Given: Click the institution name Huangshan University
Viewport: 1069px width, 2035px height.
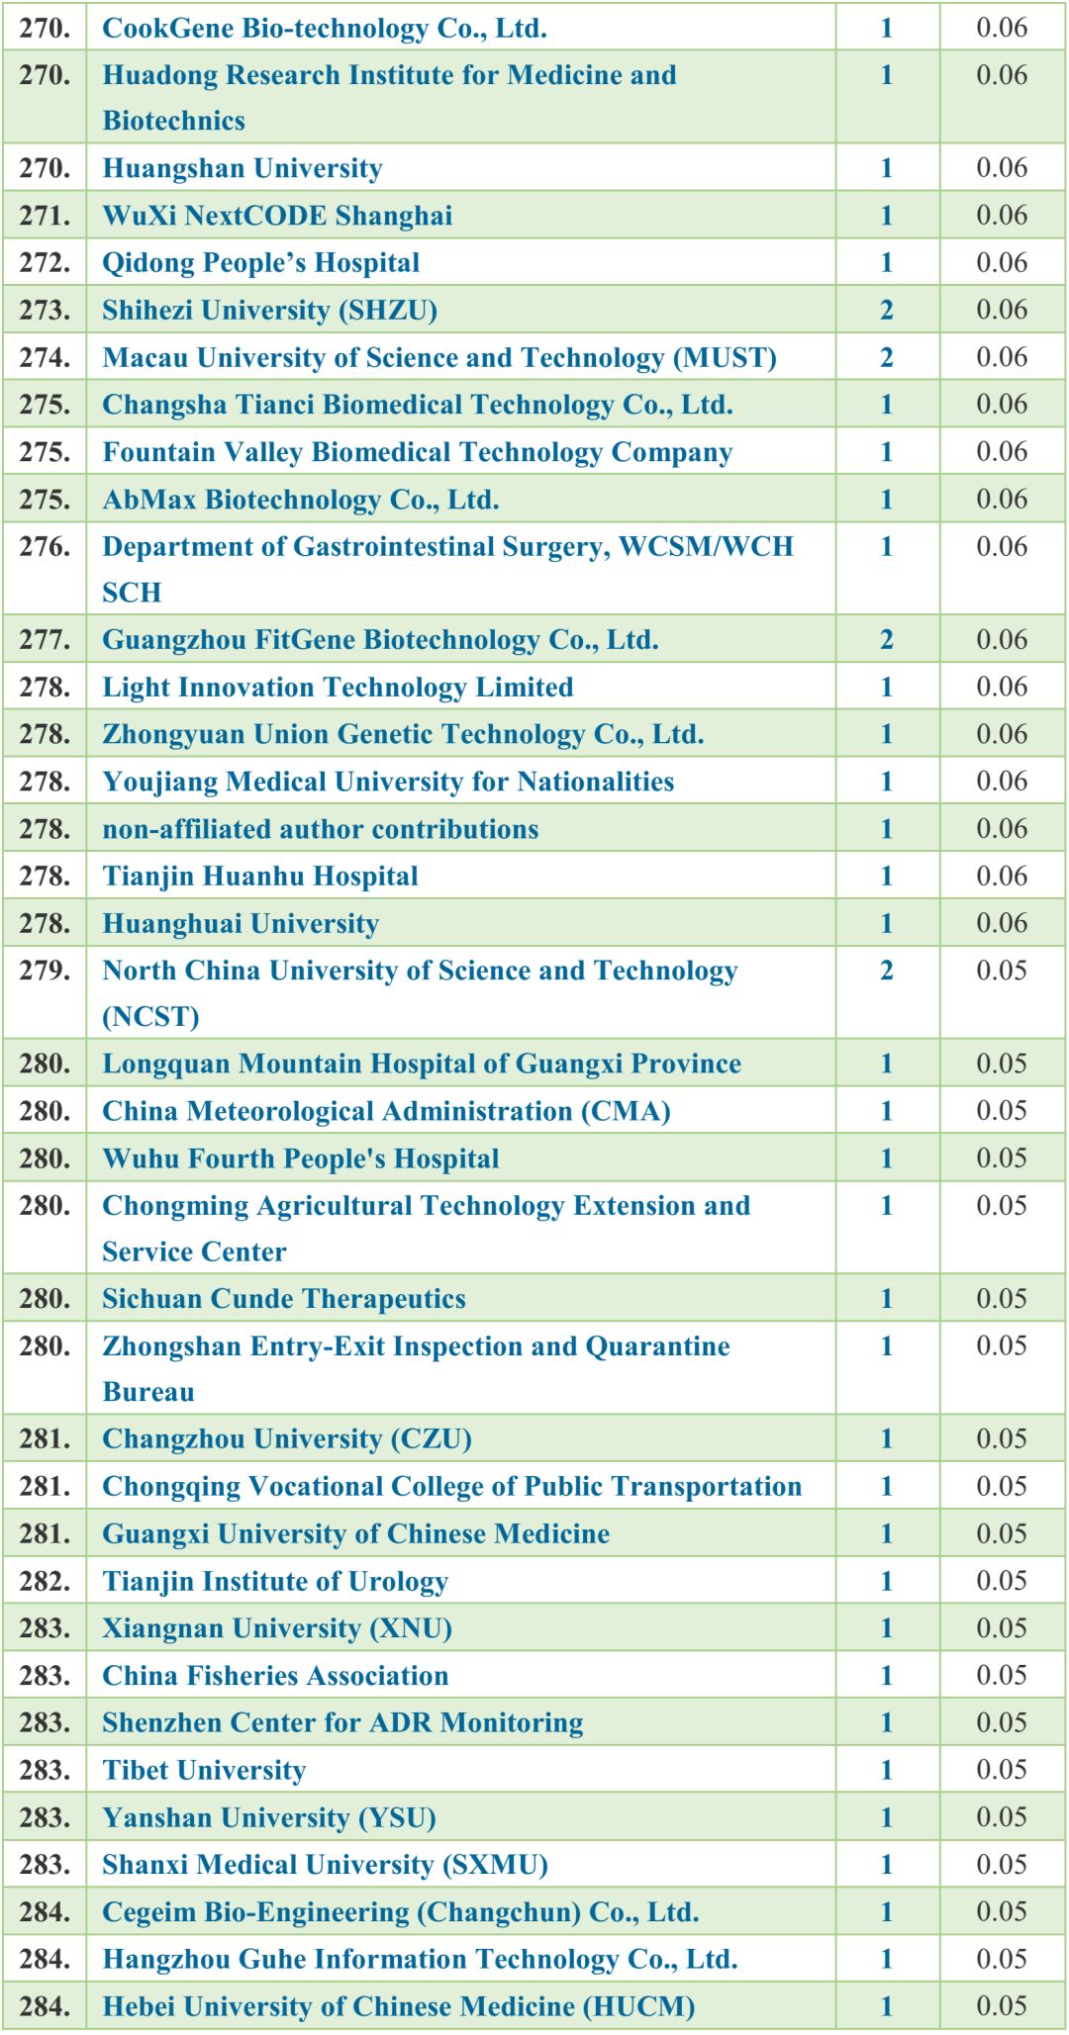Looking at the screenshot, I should pyautogui.click(x=242, y=168).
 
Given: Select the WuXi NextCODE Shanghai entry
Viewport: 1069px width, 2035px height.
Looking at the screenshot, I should pyautogui.click(x=277, y=216).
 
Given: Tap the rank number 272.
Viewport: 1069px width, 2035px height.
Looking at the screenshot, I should pyautogui.click(x=45, y=263).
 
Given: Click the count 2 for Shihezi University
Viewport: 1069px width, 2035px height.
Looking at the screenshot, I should pyautogui.click(x=886, y=311).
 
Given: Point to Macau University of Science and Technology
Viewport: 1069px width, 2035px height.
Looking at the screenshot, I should pyautogui.click(x=439, y=357).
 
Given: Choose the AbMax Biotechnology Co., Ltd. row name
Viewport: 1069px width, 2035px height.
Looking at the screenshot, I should pyautogui.click(x=300, y=500).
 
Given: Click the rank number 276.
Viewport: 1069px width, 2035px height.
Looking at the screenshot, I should pyautogui.click(x=45, y=547).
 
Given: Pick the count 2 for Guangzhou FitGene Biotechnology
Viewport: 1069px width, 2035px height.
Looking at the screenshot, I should pyautogui.click(x=886, y=640).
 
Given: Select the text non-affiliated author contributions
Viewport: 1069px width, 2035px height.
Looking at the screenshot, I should pyautogui.click(x=320, y=829).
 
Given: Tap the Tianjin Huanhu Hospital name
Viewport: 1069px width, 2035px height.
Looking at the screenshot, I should pyautogui.click(x=259, y=877).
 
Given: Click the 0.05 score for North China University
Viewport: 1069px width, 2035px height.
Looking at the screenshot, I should pyautogui.click(x=1002, y=971).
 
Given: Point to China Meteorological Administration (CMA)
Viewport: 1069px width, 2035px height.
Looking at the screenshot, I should pyautogui.click(x=386, y=1111).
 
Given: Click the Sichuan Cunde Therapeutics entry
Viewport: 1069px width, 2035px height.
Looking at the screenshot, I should pyautogui.click(x=283, y=1299).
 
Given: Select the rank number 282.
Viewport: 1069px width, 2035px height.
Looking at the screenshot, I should pyautogui.click(x=45, y=1581).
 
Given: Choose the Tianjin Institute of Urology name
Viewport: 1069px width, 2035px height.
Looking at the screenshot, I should pyautogui.click(x=275, y=1581).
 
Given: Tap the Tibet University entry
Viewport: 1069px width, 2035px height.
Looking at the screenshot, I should pyautogui.click(x=204, y=1770).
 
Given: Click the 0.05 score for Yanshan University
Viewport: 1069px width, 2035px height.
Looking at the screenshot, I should pyautogui.click(x=1002, y=1817).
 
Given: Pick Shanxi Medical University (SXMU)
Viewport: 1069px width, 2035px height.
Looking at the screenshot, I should pyautogui.click(x=325, y=1865).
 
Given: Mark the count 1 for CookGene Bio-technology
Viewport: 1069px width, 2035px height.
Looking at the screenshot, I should pyautogui.click(x=886, y=28).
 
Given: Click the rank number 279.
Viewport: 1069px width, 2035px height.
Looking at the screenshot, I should pyautogui.click(x=45, y=971).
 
